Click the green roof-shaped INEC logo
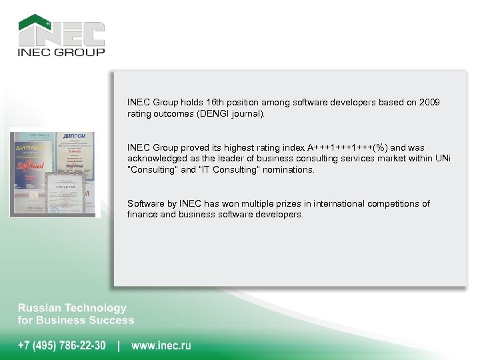(61, 30)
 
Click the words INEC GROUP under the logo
(61, 52)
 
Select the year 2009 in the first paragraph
(428, 103)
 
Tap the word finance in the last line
(141, 215)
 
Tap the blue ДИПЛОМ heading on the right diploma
(77, 137)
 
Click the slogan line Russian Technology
(71, 308)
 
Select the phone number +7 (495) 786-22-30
(61, 345)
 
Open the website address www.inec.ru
(161, 345)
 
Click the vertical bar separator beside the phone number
(119, 345)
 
